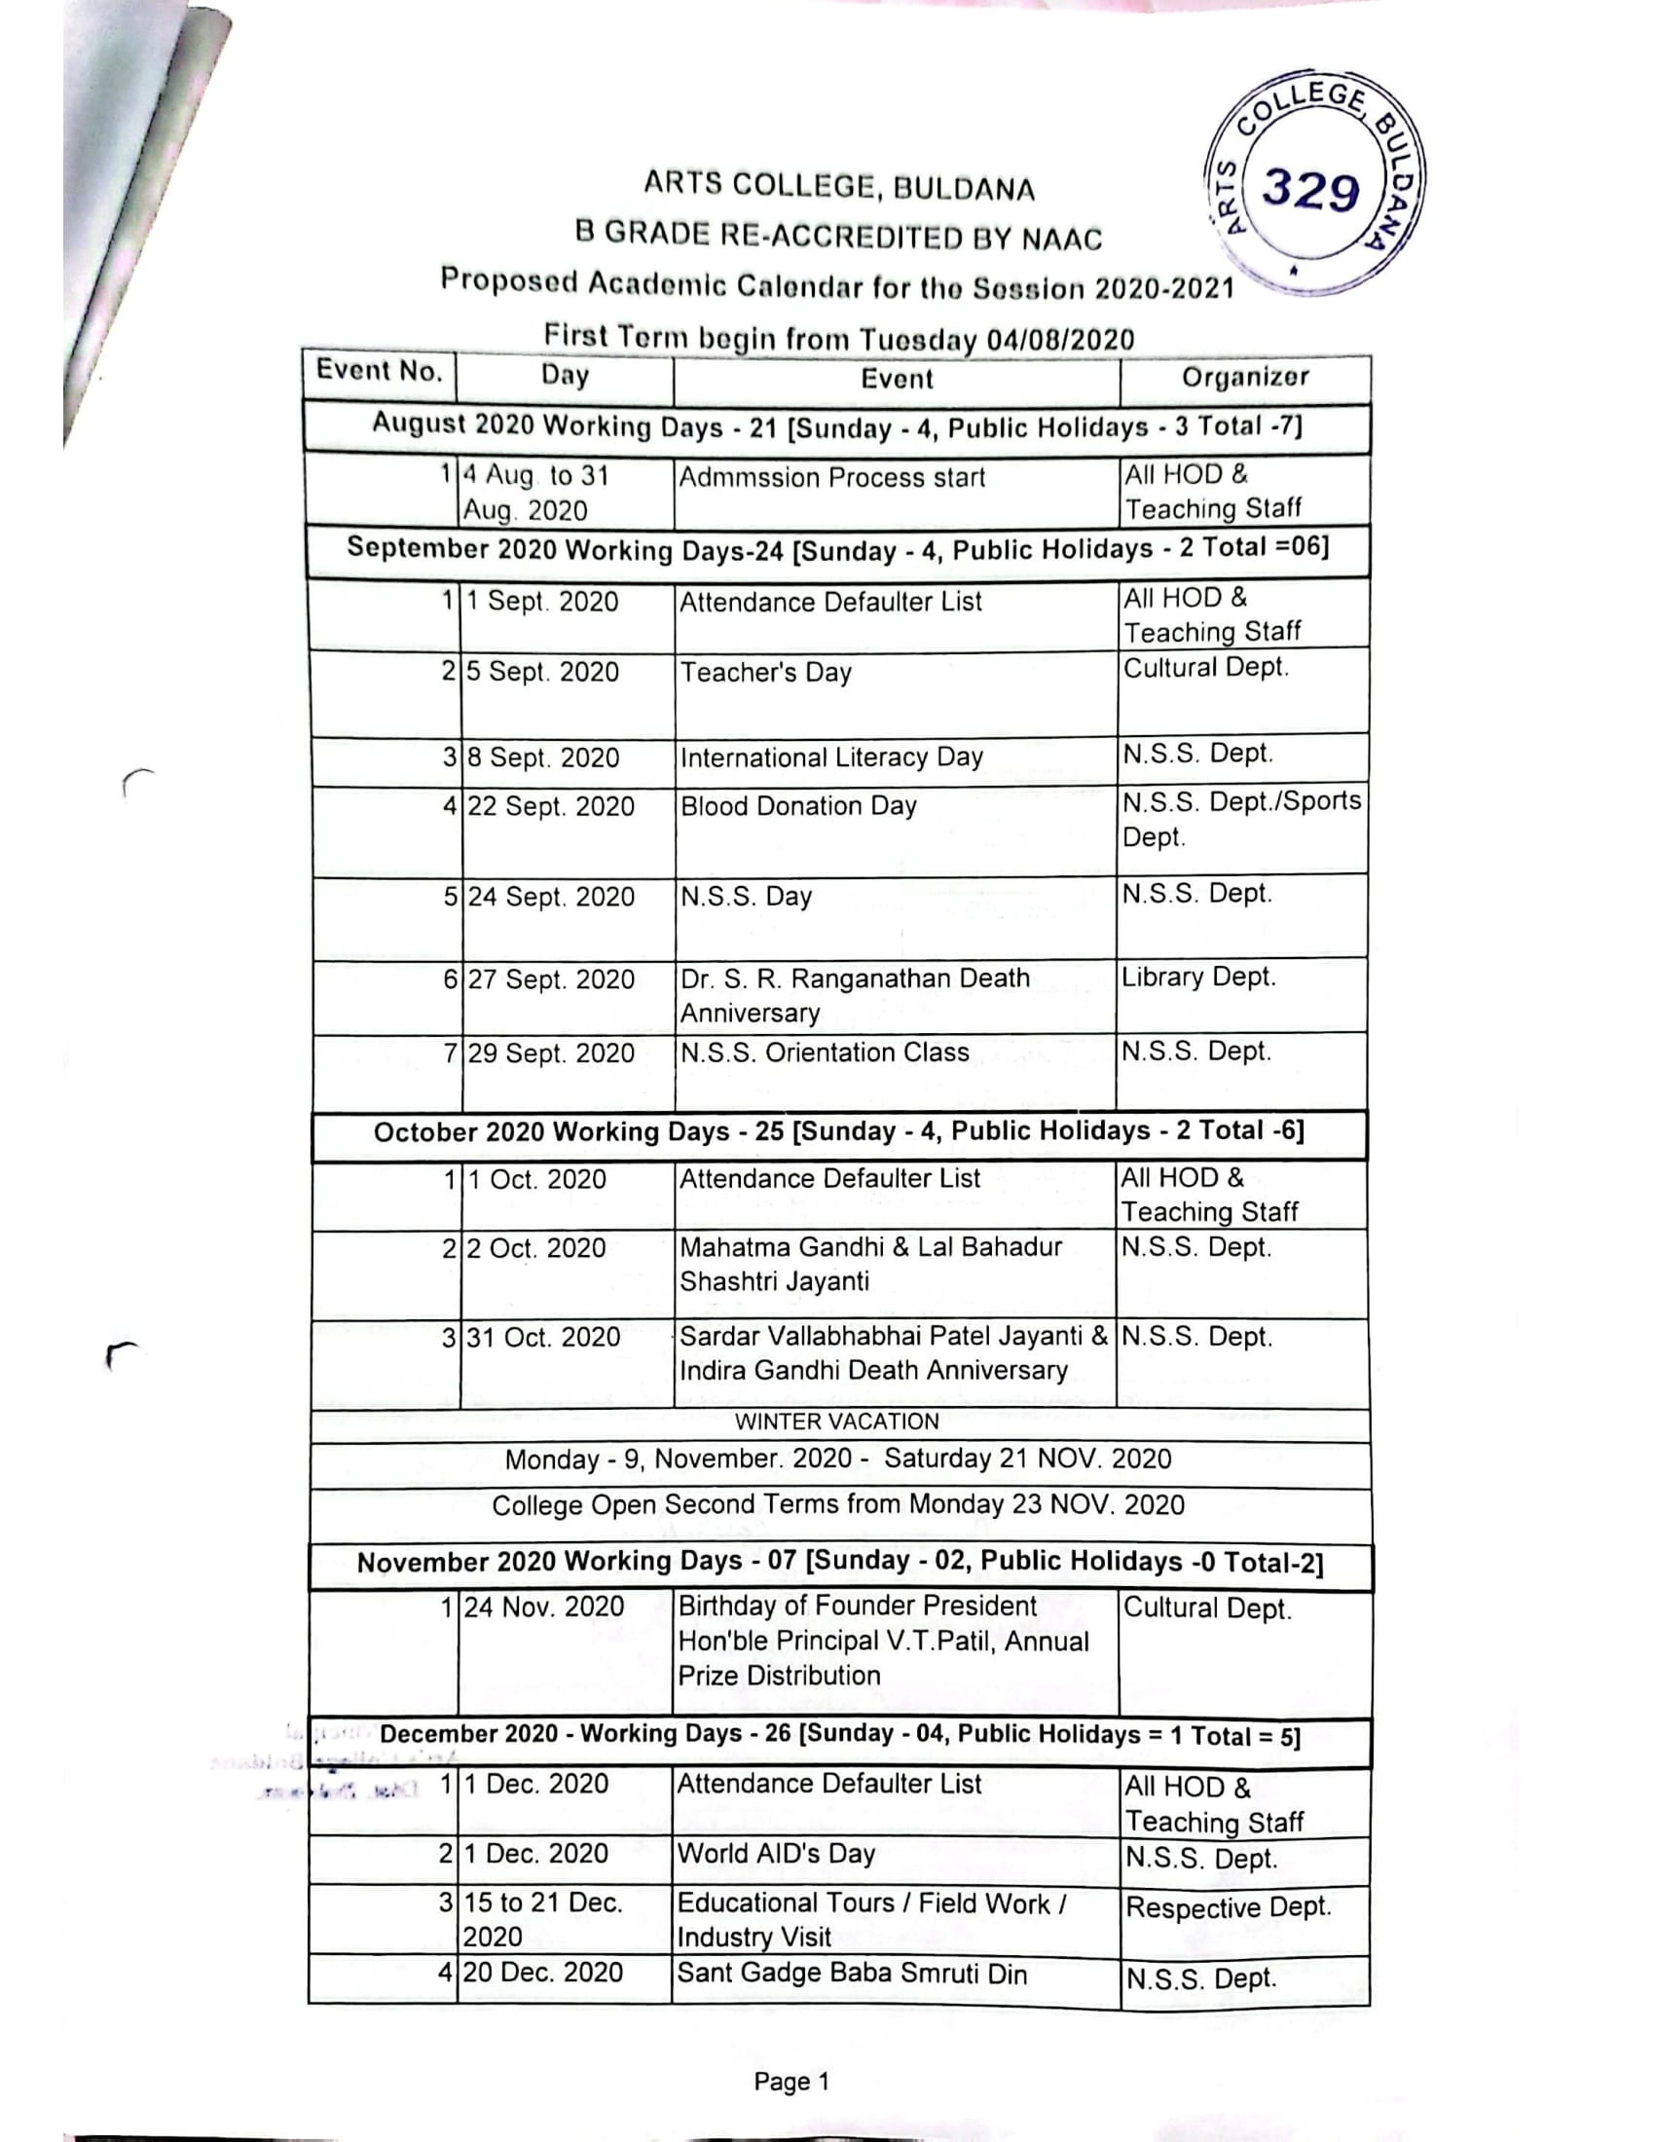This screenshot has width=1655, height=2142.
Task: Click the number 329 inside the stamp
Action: [x=1311, y=189]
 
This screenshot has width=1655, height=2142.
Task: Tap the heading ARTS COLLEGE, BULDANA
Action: [x=839, y=185]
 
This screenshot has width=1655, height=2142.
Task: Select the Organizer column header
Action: [x=1244, y=378]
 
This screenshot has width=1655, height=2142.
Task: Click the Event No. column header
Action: [x=380, y=371]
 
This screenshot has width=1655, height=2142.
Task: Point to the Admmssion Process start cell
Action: [x=832, y=478]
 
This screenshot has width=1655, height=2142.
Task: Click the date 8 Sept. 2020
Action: [x=543, y=757]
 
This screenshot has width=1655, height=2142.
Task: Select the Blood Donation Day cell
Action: [x=798, y=806]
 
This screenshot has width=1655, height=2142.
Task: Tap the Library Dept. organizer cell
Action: [x=1198, y=977]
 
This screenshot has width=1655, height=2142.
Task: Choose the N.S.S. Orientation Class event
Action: [x=825, y=1053]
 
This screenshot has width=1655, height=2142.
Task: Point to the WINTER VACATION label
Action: [x=837, y=1422]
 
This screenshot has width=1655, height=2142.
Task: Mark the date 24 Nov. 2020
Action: [x=544, y=1606]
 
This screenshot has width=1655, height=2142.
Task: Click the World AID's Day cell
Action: [x=776, y=1853]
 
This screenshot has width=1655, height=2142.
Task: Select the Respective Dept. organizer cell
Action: [x=1229, y=1906]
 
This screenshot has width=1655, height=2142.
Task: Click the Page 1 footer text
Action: [x=791, y=2082]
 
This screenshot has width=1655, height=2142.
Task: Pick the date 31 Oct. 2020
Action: [x=543, y=1337]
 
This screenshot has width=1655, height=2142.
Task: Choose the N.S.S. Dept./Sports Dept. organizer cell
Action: [x=1241, y=819]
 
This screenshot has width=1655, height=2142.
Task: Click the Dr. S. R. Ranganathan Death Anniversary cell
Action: [x=855, y=995]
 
